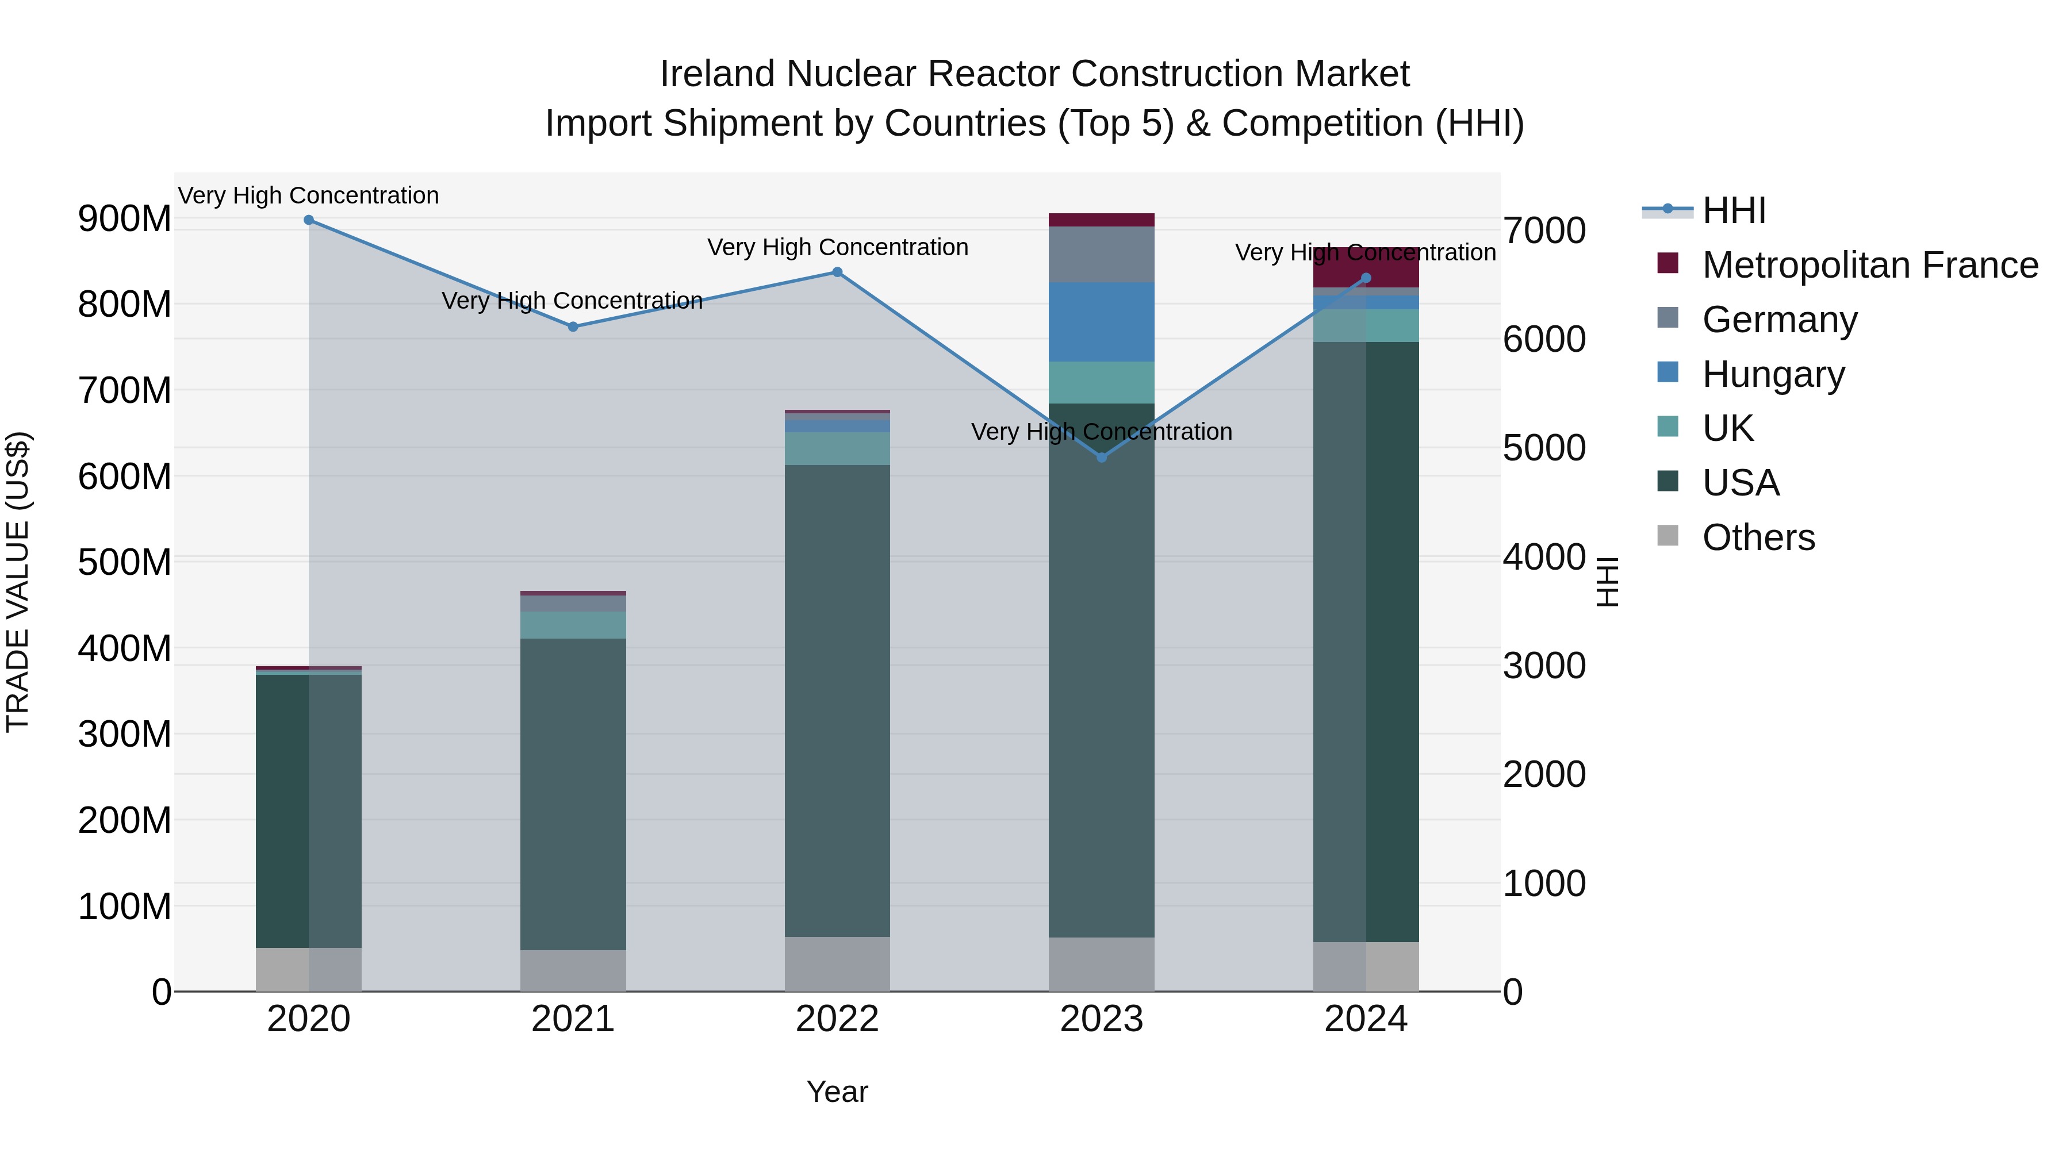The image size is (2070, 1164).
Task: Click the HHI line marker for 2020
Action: (x=309, y=220)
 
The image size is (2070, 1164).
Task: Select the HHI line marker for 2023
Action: (x=1102, y=457)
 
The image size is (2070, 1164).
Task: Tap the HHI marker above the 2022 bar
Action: (x=837, y=272)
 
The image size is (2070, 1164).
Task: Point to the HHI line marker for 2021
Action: (x=573, y=327)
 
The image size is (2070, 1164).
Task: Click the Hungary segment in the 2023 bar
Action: (x=1102, y=322)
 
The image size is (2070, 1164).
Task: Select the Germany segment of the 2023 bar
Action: (x=1102, y=255)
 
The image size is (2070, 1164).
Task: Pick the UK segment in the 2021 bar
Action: (x=573, y=625)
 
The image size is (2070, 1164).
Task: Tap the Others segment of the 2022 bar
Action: (x=837, y=964)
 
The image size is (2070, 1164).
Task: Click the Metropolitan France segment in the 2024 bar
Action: (x=1366, y=267)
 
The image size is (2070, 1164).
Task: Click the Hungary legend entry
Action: (x=1773, y=374)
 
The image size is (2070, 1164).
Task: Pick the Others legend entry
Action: (x=1758, y=537)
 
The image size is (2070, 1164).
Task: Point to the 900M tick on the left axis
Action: (x=125, y=218)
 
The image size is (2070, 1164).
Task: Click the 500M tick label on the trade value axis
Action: (x=125, y=562)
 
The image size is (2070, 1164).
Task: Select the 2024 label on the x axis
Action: (x=1366, y=1019)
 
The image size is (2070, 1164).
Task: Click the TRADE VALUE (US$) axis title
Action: (x=18, y=582)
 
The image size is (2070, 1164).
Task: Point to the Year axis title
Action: (x=837, y=1092)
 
